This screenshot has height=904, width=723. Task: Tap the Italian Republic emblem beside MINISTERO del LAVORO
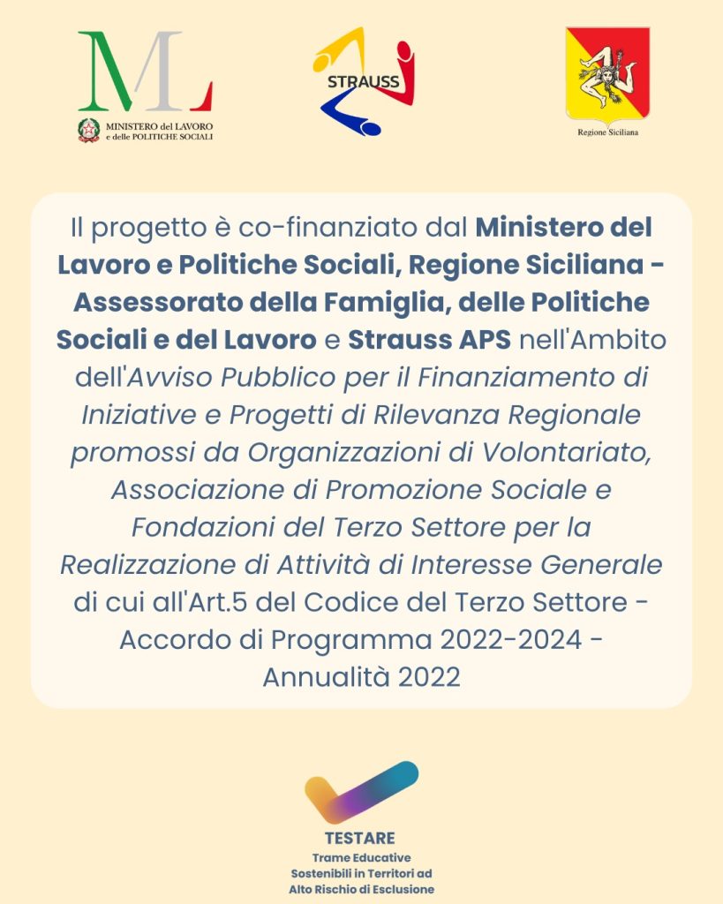point(88,131)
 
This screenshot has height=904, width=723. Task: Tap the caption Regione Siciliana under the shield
point(607,132)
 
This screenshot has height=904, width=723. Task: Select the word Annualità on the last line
point(327,676)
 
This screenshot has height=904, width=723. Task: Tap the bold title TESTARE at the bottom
point(360,838)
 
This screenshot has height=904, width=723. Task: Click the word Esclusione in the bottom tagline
point(402,889)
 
